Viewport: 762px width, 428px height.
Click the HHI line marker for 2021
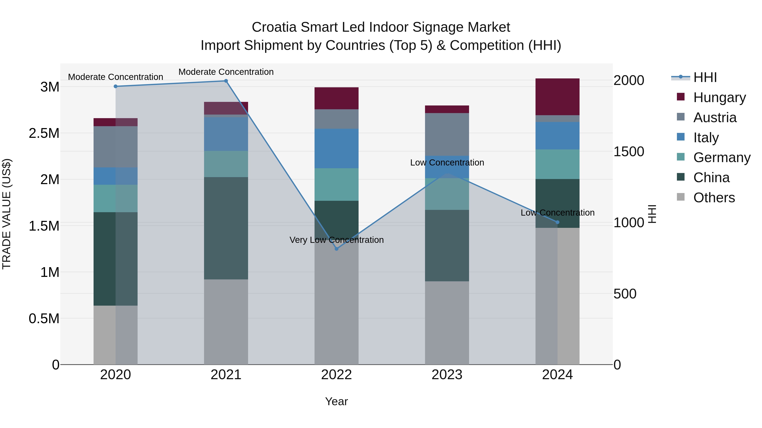(226, 81)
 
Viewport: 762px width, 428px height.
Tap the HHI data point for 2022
(336, 249)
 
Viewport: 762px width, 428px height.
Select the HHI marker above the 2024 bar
(557, 222)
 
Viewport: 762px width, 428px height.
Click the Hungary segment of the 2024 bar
(557, 97)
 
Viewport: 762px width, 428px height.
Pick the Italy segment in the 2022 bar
(336, 149)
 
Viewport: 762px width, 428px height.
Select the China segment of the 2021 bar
(226, 228)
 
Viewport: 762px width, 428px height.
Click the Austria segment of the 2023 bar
(447, 134)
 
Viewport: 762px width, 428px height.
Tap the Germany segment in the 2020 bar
(115, 198)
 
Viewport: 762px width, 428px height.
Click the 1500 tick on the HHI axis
(629, 152)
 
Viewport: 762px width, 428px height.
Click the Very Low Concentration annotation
(336, 240)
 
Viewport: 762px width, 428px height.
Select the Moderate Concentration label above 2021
(226, 72)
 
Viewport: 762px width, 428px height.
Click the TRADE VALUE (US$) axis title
(7, 214)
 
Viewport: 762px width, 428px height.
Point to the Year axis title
(336, 401)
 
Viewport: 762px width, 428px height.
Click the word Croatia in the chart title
(274, 27)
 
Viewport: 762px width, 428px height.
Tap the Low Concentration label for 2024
(557, 213)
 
